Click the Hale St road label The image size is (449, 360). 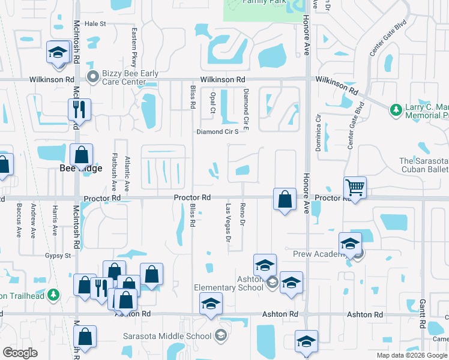tap(95, 24)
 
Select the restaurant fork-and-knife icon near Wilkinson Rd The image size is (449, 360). tap(79, 110)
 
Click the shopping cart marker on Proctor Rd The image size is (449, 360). tap(355, 188)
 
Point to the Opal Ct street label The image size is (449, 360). tap(212, 103)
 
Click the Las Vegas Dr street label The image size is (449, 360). tap(228, 221)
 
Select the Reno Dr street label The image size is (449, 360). tap(243, 215)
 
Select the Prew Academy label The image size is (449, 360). tap(316, 254)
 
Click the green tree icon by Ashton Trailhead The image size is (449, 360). tap(54, 295)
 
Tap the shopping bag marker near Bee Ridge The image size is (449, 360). tap(81, 155)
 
